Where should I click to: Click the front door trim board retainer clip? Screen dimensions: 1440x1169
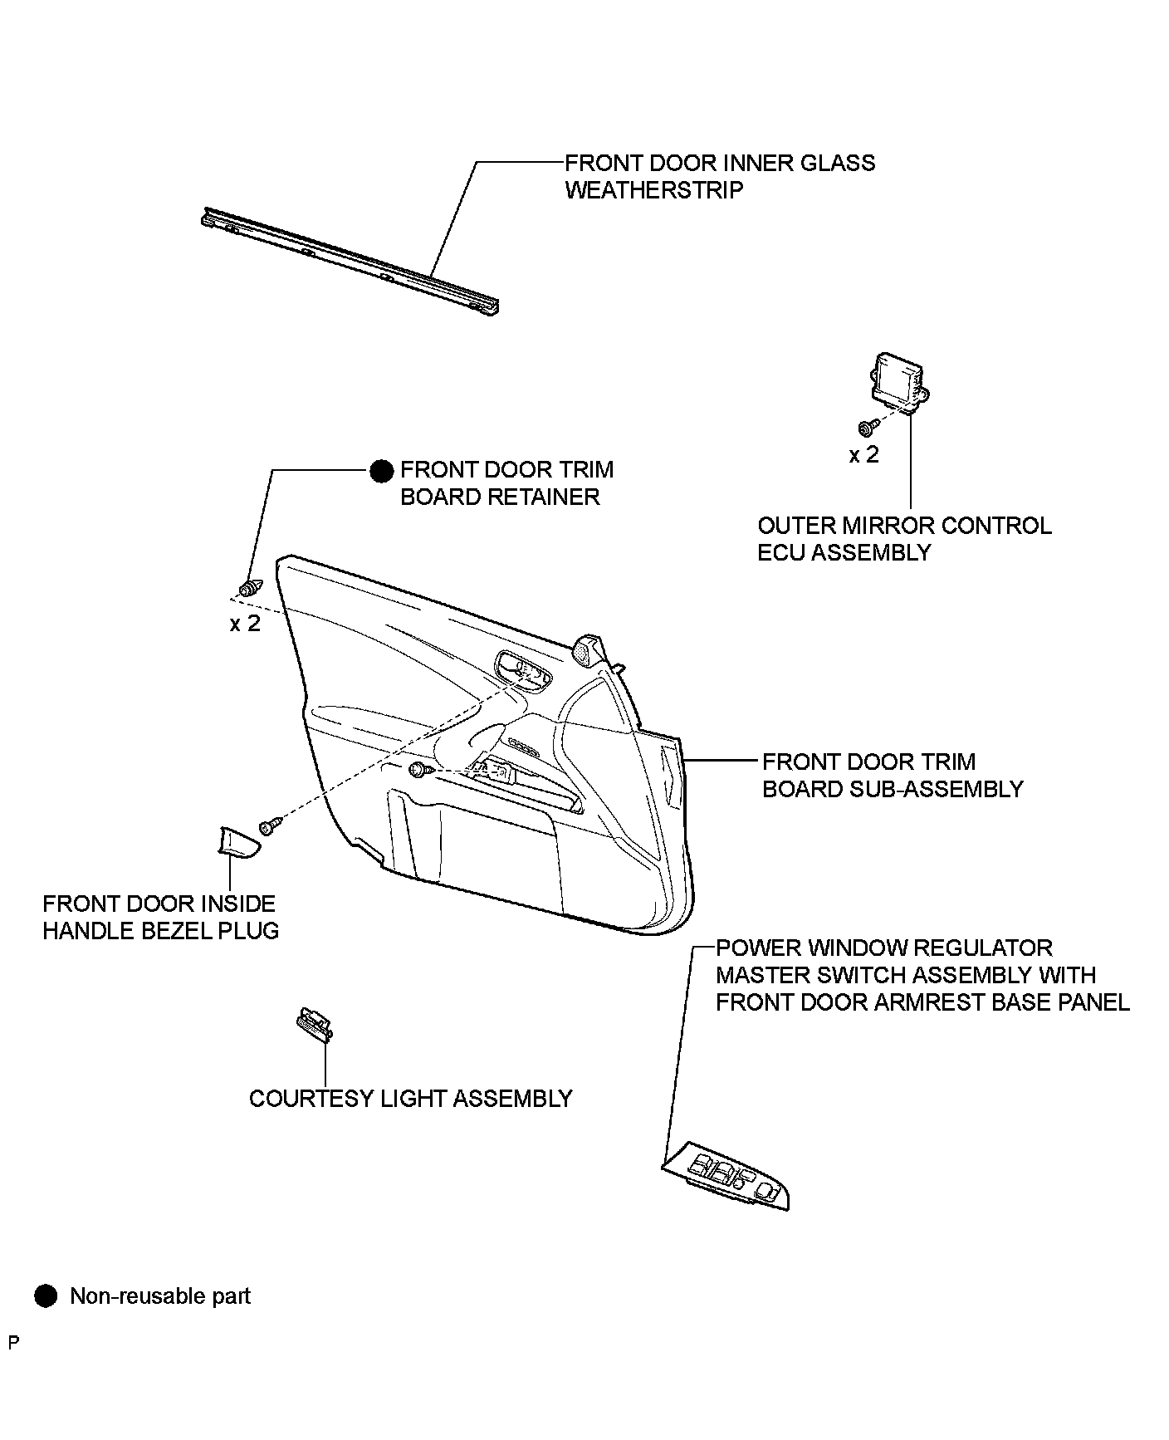pos(250,587)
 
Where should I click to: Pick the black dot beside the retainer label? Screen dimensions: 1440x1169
pos(381,472)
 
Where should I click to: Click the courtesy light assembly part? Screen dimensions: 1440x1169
pos(315,1024)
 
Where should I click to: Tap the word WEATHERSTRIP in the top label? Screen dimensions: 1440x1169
pos(654,190)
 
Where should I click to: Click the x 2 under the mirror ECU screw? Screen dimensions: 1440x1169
pos(863,455)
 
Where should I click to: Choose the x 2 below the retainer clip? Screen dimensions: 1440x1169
pos(245,623)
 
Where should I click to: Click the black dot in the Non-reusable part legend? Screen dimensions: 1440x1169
pos(46,1296)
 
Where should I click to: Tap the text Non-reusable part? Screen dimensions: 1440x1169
pos(160,1296)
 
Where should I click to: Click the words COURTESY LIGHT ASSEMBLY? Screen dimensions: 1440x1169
pos(411,1099)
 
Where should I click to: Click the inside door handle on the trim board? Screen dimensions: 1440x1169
pos(521,668)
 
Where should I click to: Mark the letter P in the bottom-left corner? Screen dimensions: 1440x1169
pos(12,1342)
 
